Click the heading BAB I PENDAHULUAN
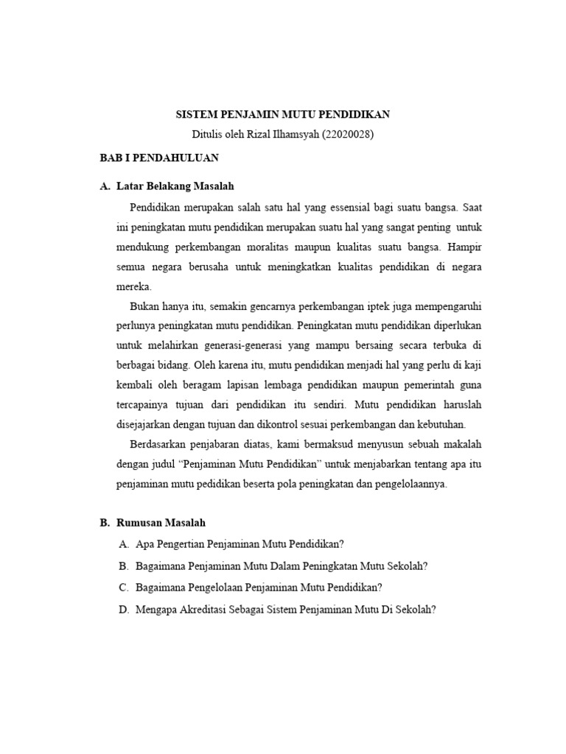(x=158, y=158)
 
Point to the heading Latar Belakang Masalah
(x=175, y=186)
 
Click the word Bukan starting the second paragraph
(x=144, y=306)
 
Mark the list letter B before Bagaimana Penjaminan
(x=122, y=565)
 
